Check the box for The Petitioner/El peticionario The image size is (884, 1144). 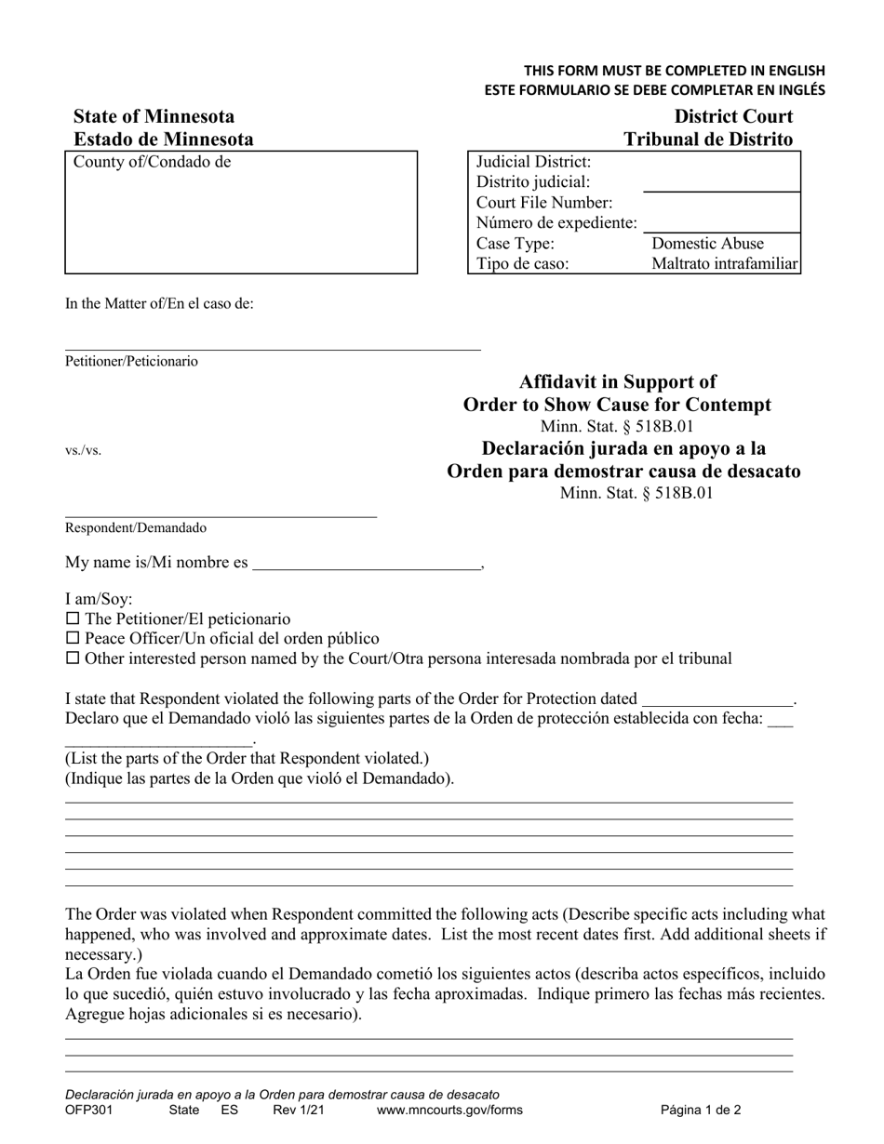point(73,619)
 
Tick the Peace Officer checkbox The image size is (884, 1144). point(73,639)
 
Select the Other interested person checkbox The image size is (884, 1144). point(73,658)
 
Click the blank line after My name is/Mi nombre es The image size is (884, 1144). point(367,564)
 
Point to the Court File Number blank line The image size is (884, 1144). point(720,223)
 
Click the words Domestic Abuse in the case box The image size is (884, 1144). point(707,244)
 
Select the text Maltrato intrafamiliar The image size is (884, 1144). point(724,264)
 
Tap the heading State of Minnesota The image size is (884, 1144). point(154,117)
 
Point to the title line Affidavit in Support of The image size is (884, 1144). point(617,381)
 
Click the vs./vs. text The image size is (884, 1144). point(83,451)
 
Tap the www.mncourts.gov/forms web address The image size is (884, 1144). point(449,1110)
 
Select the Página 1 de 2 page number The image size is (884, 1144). point(701,1110)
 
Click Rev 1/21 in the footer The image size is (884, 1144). point(299,1110)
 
